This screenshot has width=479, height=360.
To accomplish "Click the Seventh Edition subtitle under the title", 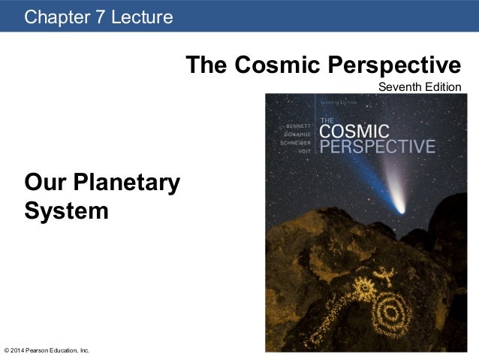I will coord(419,87).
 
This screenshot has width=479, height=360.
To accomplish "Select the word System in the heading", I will coord(66,210).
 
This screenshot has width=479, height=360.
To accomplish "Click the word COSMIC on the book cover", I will coord(354,129).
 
